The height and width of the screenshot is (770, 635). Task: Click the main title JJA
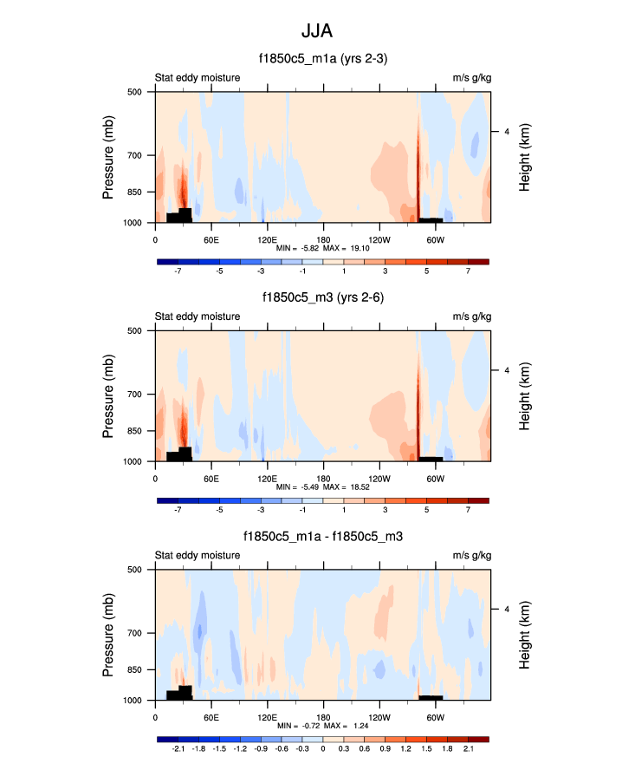pyautogui.click(x=317, y=31)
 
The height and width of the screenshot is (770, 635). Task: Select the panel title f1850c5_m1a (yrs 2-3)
pyautogui.click(x=322, y=58)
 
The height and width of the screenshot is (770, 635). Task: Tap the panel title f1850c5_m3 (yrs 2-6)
pyautogui.click(x=322, y=297)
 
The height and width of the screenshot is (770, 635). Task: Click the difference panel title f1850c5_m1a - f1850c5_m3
pyautogui.click(x=322, y=537)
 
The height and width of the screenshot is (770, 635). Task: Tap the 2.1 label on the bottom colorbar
pyautogui.click(x=468, y=748)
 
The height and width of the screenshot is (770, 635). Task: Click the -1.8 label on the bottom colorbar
pyautogui.click(x=199, y=748)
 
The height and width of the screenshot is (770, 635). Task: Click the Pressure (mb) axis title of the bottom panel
pyautogui.click(x=108, y=635)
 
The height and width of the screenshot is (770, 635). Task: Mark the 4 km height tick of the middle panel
pyautogui.click(x=507, y=370)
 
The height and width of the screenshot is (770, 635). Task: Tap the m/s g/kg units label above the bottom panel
pyautogui.click(x=470, y=556)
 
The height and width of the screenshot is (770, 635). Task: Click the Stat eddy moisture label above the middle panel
pyautogui.click(x=198, y=316)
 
